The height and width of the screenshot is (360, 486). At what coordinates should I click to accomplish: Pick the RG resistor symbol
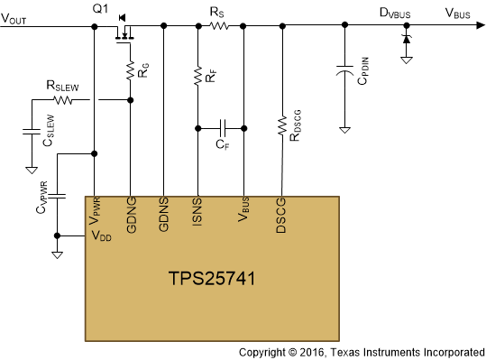(x=131, y=69)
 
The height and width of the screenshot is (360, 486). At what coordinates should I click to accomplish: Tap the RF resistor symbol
(x=197, y=78)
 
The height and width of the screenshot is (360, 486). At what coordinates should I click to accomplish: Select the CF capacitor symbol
(x=222, y=127)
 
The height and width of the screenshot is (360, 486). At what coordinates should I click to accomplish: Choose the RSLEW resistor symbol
(x=63, y=99)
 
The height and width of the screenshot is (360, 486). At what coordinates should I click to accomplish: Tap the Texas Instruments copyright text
(x=361, y=351)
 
